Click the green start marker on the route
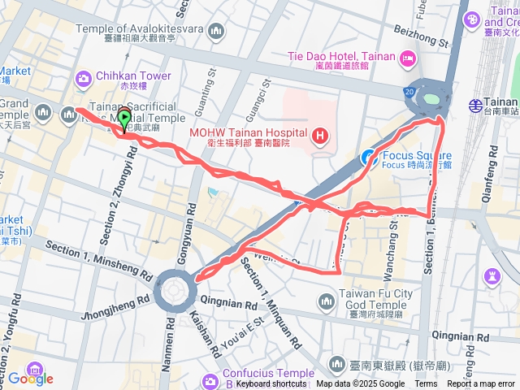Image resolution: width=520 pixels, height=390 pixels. point(124,119)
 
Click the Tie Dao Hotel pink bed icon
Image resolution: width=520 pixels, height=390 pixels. point(408,57)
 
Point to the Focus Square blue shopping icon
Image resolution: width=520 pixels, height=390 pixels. point(367,155)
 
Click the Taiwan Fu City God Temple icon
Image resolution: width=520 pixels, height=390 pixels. point(326,301)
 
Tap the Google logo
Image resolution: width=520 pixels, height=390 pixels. point(30,378)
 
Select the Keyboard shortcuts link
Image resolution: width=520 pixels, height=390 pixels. point(271,383)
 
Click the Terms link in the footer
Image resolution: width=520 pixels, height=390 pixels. point(426,383)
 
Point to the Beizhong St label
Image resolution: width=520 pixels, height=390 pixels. point(420,33)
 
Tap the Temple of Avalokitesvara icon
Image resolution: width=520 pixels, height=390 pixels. point(215,32)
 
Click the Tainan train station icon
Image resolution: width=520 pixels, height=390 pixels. point(475,104)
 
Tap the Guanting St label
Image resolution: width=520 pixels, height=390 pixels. point(201,93)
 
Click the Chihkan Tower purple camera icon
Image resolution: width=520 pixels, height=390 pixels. point(83,77)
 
